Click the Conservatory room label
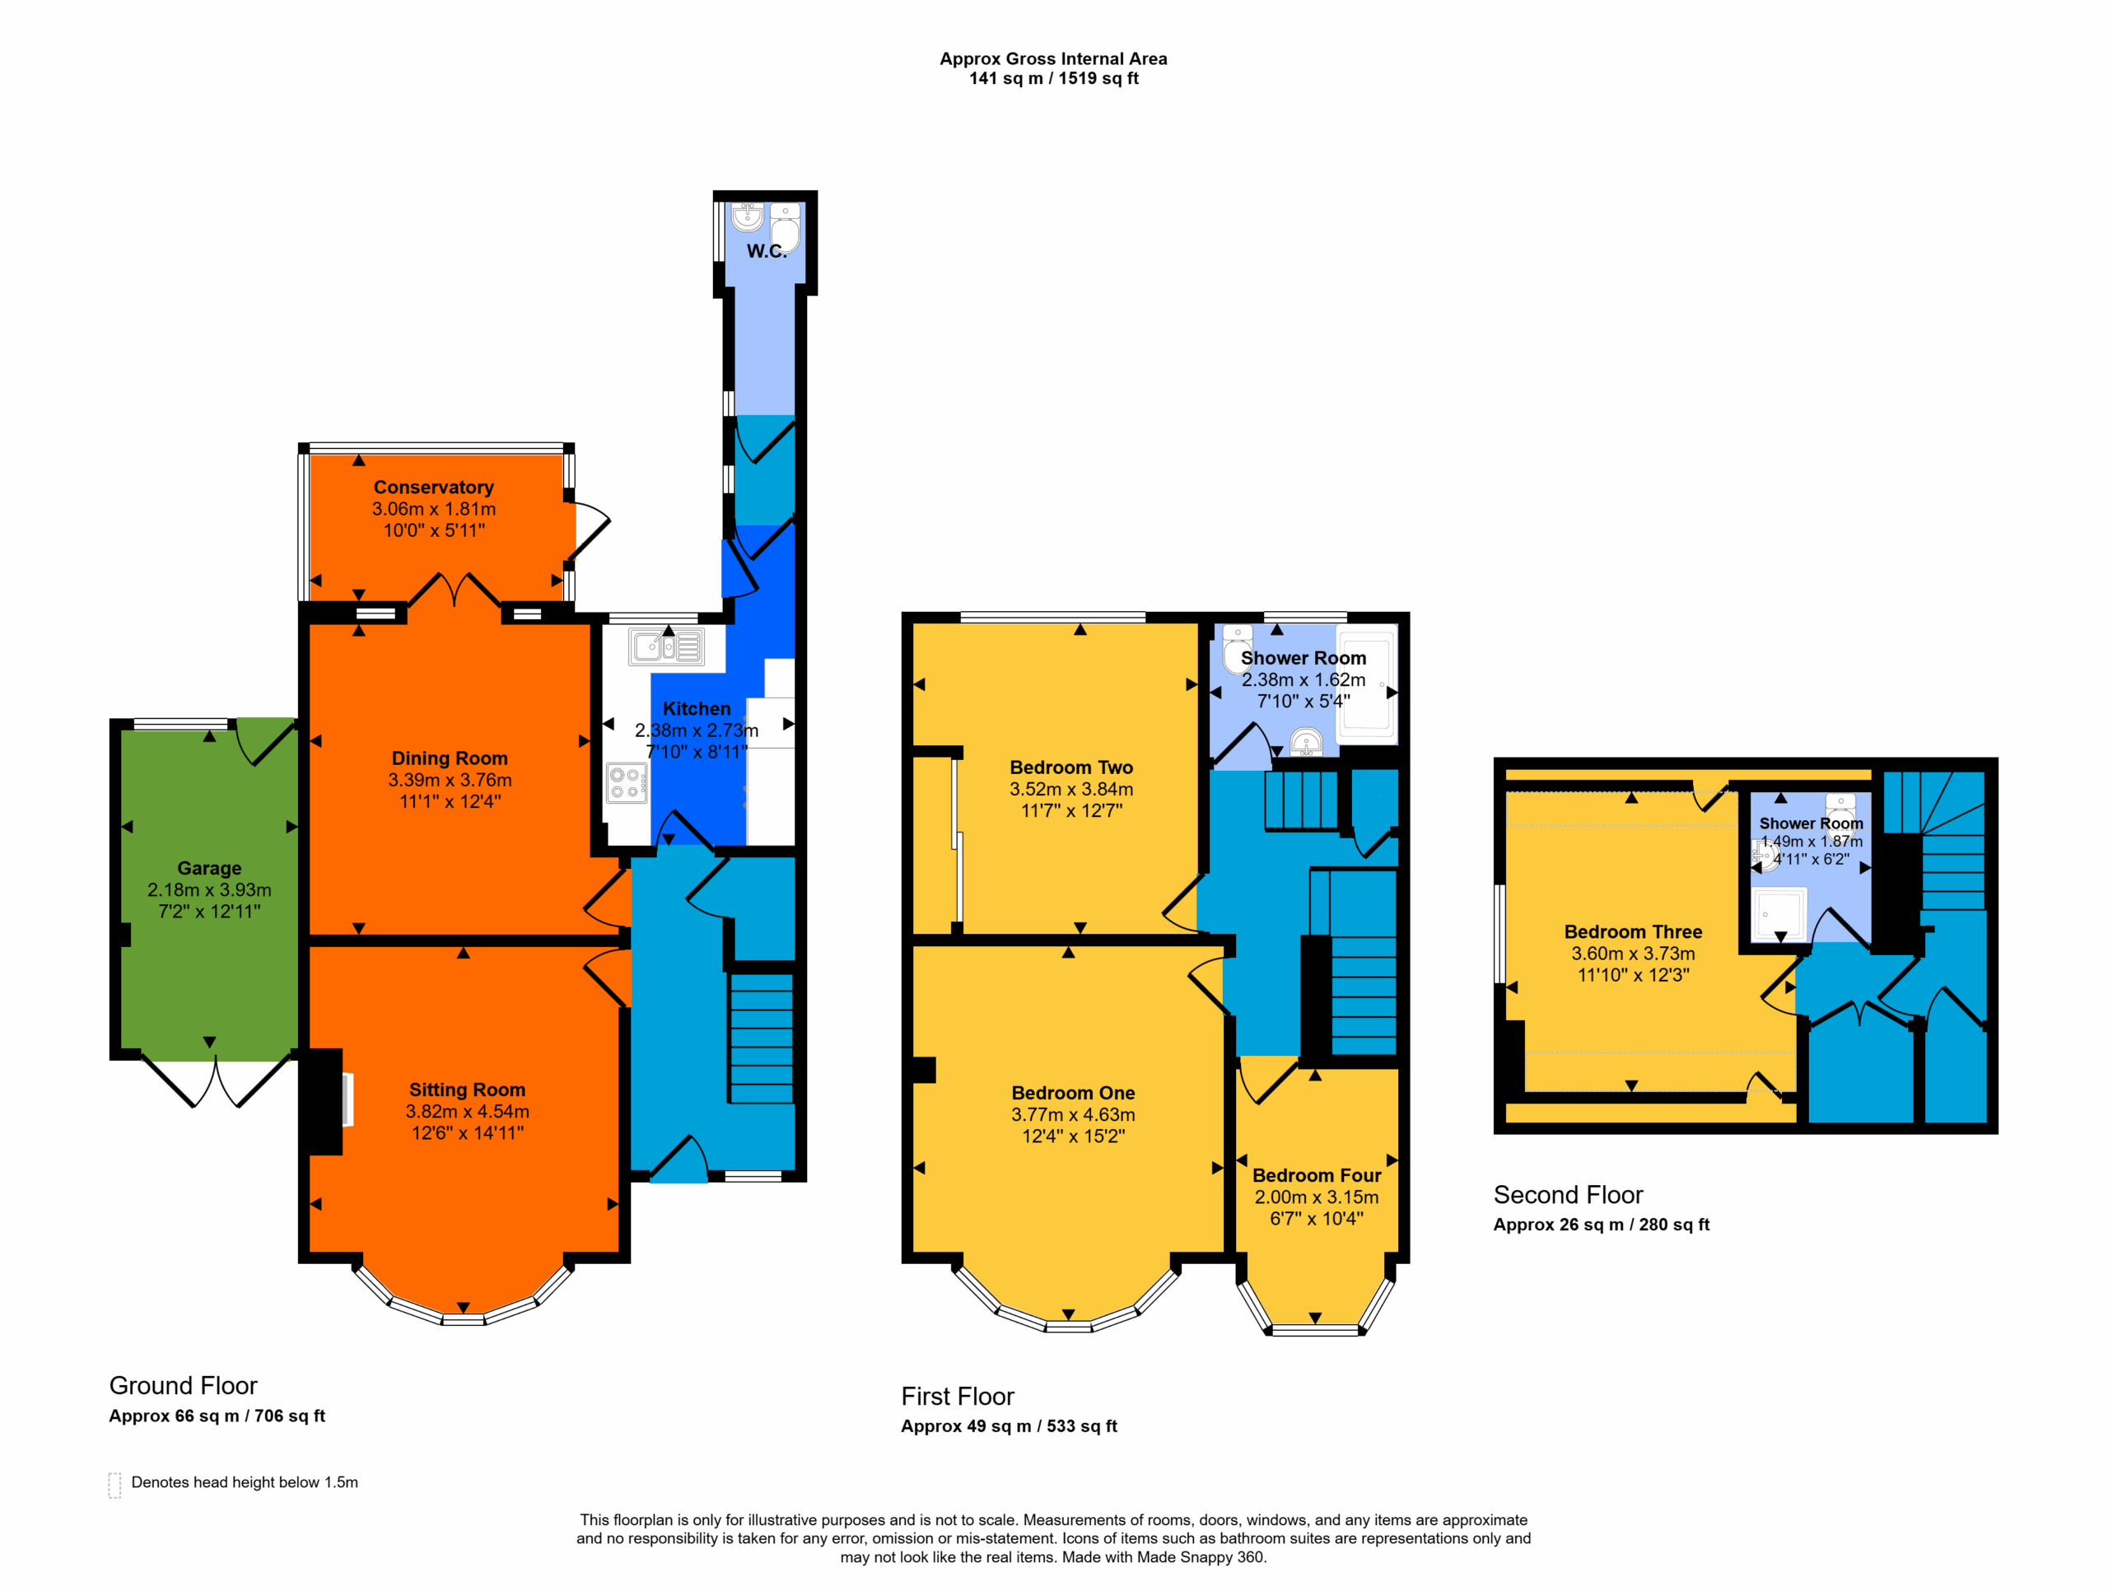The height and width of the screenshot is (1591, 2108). (x=434, y=488)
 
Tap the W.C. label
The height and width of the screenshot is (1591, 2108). (x=766, y=250)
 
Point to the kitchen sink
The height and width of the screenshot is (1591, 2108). (x=666, y=646)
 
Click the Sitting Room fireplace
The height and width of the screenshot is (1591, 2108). (x=326, y=1101)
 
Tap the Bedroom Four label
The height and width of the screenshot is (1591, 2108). (x=1316, y=1175)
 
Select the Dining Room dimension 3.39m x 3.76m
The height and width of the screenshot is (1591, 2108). (x=450, y=780)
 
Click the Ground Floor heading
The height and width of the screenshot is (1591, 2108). (x=183, y=1385)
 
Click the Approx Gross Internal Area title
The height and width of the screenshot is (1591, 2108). (x=1053, y=58)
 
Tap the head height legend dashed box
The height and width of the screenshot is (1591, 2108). (x=114, y=1486)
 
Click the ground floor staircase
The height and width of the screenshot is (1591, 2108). (x=761, y=1037)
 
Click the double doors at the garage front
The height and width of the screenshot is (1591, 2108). (x=216, y=1080)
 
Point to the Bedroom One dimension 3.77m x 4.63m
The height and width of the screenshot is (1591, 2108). (x=1073, y=1114)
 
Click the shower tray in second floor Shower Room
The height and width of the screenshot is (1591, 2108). (x=1781, y=913)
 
